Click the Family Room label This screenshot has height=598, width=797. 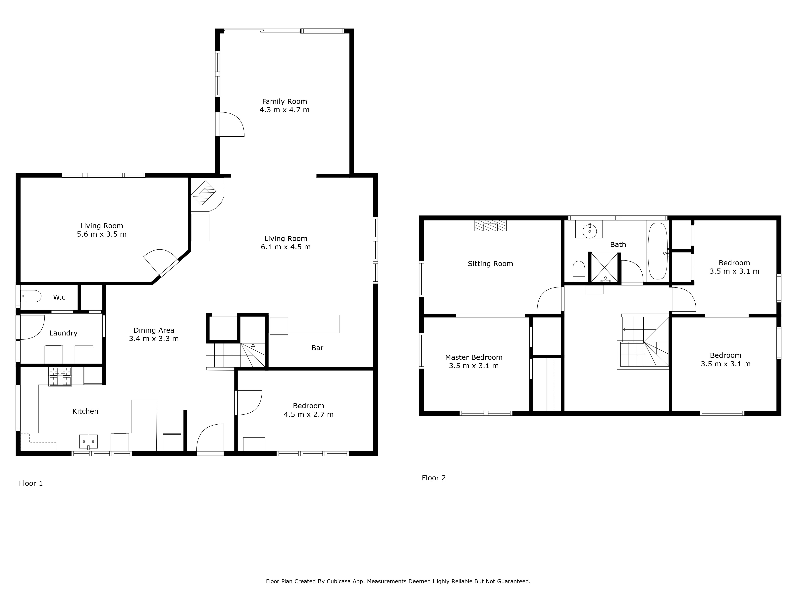tap(284, 102)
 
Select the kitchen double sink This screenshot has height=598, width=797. tap(88, 441)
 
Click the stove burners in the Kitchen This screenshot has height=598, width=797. tap(60, 376)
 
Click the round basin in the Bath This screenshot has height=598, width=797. tap(589, 230)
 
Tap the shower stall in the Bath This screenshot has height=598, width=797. tap(605, 267)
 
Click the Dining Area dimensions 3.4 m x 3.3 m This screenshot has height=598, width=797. tap(154, 339)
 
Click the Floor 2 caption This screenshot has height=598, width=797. tap(434, 478)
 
